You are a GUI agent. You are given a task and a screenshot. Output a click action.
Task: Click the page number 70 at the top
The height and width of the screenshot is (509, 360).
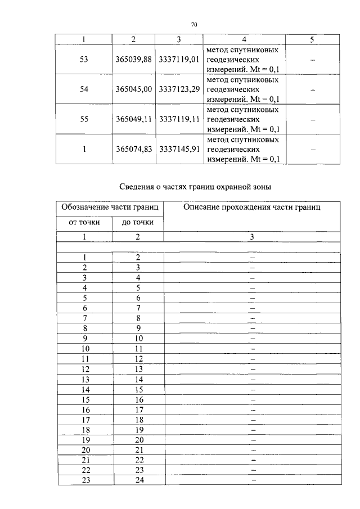[193, 25]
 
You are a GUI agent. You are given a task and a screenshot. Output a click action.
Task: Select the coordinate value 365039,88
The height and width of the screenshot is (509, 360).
[133, 60]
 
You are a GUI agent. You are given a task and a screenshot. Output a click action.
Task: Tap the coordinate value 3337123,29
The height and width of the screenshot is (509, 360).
[179, 89]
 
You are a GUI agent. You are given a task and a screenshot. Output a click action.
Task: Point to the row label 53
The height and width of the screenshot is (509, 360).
[84, 60]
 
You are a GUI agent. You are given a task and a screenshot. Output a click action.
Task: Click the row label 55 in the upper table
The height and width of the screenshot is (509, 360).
[84, 120]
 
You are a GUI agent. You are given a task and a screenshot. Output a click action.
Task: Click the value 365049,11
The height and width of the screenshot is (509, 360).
[133, 120]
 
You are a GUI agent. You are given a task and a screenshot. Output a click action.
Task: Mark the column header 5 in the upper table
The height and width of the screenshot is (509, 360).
[312, 39]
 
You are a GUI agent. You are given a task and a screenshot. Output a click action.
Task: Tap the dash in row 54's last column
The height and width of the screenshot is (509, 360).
[312, 90]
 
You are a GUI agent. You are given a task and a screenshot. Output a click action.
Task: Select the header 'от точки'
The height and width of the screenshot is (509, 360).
[84, 223]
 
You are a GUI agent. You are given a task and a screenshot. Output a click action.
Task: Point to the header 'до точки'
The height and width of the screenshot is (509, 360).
[138, 223]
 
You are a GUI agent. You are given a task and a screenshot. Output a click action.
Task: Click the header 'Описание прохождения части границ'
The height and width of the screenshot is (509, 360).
[252, 207]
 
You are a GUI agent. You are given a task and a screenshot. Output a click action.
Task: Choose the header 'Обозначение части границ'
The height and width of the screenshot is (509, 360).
[110, 207]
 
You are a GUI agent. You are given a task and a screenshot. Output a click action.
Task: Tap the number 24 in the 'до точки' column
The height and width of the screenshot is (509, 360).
[138, 480]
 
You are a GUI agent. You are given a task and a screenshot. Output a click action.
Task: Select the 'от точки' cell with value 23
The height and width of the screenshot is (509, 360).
[85, 480]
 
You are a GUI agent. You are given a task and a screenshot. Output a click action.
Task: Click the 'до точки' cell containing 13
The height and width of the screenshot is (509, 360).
[138, 369]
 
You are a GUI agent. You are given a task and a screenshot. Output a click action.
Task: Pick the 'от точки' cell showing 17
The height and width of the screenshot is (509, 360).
[85, 420]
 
